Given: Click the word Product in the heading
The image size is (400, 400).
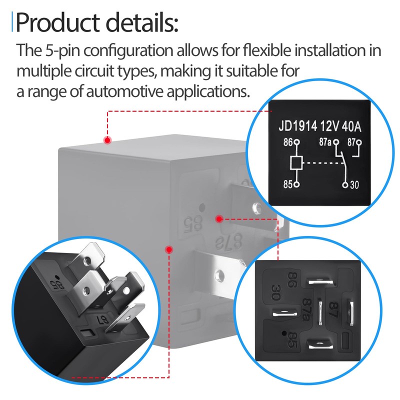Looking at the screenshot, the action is tap(57, 22).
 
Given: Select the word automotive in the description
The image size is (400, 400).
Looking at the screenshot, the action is tap(124, 91).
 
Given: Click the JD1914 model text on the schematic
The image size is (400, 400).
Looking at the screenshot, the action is tap(297, 126).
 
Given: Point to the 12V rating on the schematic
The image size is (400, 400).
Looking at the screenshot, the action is tap(329, 126).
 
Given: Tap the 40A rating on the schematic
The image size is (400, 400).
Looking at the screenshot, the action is tap(351, 126).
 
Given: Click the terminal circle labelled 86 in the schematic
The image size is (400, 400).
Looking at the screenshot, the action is tap(297, 142).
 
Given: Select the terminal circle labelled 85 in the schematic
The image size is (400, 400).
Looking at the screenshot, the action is tap(296, 184).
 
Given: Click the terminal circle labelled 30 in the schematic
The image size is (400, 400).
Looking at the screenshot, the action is tap(345, 184).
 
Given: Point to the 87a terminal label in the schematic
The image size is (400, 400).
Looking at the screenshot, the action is tap(325, 142).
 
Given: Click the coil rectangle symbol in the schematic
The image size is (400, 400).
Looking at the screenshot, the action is tap(296, 163).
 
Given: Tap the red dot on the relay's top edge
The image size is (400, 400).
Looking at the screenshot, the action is tap(107, 140).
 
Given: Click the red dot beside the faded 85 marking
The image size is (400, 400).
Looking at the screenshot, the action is tap(219, 218).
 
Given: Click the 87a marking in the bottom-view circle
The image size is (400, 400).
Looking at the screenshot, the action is tap(308, 309).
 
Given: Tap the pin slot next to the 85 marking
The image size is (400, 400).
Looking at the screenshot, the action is tap(320, 344).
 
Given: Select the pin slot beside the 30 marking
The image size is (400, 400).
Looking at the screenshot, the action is tap(284, 312).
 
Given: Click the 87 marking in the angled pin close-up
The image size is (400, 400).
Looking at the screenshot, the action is tap(103, 318).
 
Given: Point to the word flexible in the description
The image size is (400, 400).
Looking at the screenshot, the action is tap(266, 50).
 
